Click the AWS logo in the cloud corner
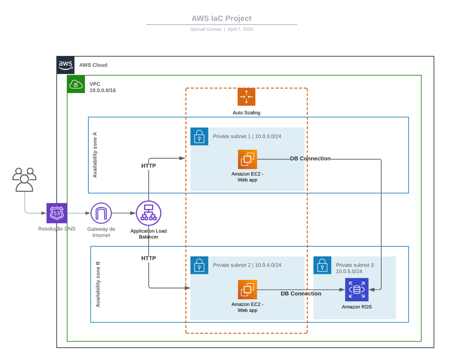(x=65, y=65)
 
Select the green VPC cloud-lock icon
(x=76, y=84)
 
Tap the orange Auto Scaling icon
(x=246, y=96)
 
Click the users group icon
(x=24, y=180)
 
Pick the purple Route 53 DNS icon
(x=57, y=213)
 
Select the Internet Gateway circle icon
(x=101, y=213)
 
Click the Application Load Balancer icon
(x=149, y=213)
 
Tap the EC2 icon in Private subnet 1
(x=247, y=159)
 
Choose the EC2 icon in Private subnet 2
(x=247, y=289)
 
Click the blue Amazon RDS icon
(x=357, y=289)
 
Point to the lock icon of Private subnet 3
(x=322, y=265)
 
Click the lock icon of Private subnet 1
(x=199, y=136)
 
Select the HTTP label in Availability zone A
(x=149, y=166)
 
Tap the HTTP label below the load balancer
(x=149, y=258)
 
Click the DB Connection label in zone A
(x=310, y=159)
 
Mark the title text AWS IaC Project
(x=221, y=18)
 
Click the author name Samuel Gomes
(x=206, y=29)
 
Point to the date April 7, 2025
(x=240, y=29)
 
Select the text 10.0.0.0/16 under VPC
(x=103, y=90)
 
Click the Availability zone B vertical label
(x=98, y=284)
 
